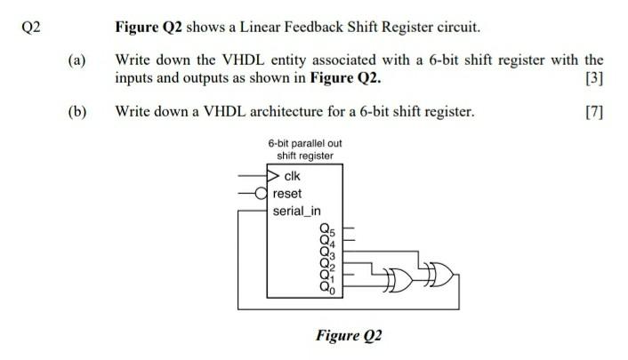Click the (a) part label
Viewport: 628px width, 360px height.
[76, 61]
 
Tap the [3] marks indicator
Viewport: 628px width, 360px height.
[594, 78]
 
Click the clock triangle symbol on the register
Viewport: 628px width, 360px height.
[275, 175]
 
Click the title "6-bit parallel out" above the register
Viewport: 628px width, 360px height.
[304, 143]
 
